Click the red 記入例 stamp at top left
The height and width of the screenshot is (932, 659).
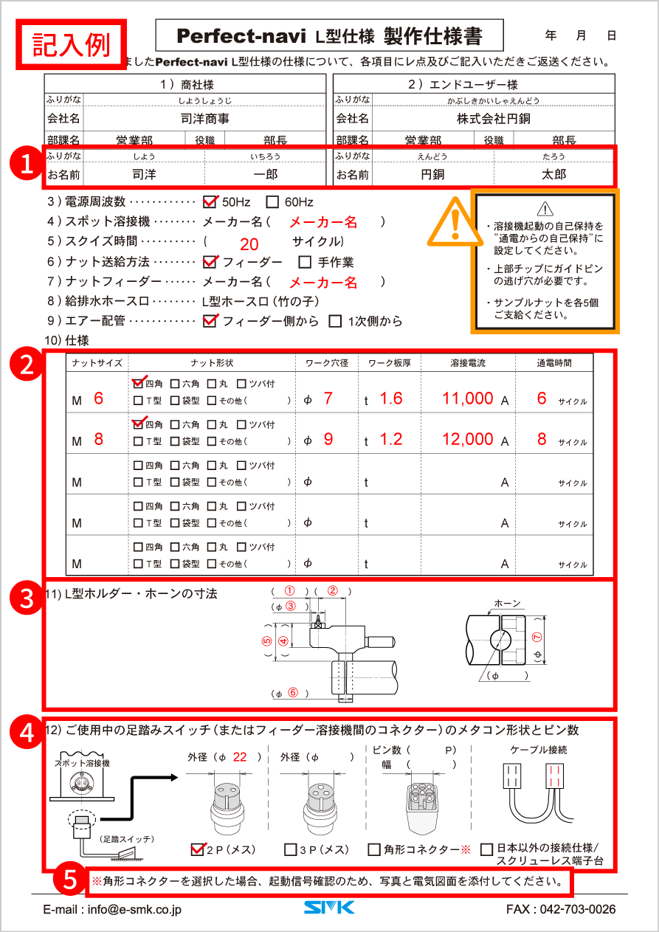(x=72, y=45)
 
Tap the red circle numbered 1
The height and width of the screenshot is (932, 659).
(x=27, y=164)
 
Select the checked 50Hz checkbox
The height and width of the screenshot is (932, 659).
(x=210, y=201)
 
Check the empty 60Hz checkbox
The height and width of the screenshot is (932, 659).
(x=272, y=201)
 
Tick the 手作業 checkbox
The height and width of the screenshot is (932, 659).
(x=305, y=262)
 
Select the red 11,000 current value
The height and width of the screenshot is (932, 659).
(x=468, y=398)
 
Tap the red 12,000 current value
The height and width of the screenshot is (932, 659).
(x=468, y=439)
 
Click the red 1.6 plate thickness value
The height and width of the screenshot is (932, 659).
(x=390, y=398)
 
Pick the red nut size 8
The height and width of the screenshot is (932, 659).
(x=98, y=439)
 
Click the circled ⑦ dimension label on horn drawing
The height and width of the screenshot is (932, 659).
(x=536, y=637)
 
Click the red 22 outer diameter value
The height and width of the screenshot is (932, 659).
(x=240, y=757)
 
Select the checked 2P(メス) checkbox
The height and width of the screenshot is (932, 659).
(x=197, y=849)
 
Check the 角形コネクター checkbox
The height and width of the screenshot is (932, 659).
(x=374, y=850)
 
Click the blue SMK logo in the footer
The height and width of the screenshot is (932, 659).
(x=329, y=908)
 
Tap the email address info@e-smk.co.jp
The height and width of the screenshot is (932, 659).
(x=112, y=909)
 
